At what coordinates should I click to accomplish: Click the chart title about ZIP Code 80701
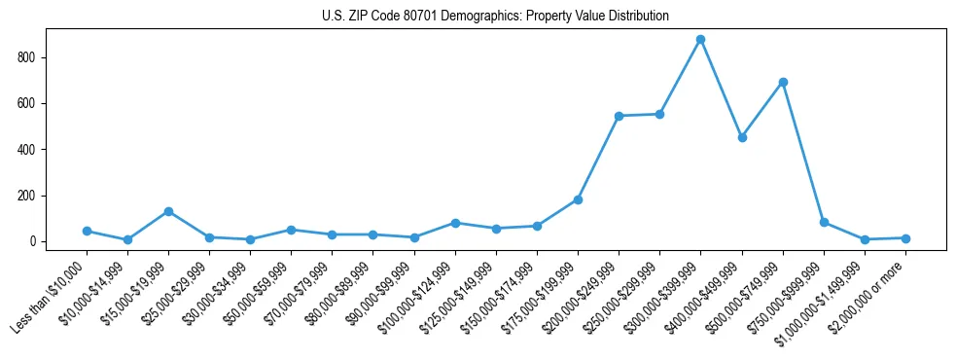click(495, 17)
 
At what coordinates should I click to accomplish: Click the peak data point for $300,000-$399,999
click(700, 40)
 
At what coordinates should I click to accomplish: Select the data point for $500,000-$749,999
click(783, 82)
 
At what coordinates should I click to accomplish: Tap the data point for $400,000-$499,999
click(742, 138)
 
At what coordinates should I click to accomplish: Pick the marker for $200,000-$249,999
click(619, 116)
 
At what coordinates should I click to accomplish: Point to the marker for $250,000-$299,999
click(659, 114)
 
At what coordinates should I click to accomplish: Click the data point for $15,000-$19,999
click(168, 211)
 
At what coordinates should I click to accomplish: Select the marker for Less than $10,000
click(87, 231)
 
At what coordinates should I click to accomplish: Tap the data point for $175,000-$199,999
click(578, 199)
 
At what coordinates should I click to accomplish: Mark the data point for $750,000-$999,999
click(824, 222)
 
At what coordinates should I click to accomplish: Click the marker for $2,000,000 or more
click(905, 238)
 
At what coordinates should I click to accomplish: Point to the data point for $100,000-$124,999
click(455, 223)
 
